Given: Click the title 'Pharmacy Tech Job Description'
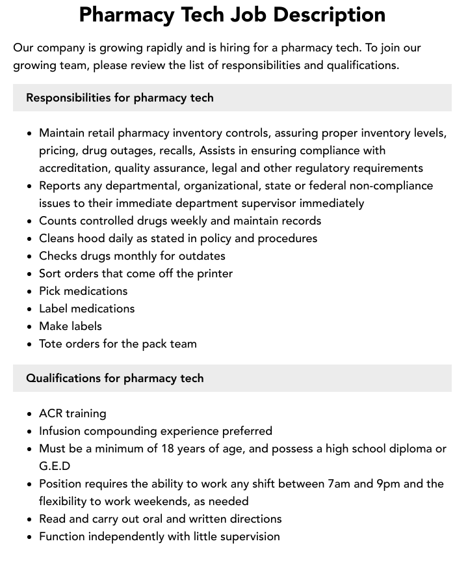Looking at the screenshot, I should pyautogui.click(x=232, y=14).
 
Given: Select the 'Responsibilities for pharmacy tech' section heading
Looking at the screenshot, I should pyautogui.click(x=120, y=98).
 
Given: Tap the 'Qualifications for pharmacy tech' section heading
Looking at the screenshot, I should pyautogui.click(x=114, y=378).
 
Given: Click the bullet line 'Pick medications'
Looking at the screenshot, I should pyautogui.click(x=83, y=291).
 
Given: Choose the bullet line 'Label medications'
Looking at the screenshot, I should pyautogui.click(x=86, y=309).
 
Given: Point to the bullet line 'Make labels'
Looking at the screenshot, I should pyautogui.click(x=70, y=326).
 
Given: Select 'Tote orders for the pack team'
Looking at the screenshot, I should pyautogui.click(x=118, y=344).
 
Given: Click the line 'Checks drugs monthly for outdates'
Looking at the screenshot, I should pyautogui.click(x=132, y=256).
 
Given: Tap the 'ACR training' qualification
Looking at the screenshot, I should pyautogui.click(x=72, y=413).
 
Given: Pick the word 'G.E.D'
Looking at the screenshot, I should pyautogui.click(x=55, y=466).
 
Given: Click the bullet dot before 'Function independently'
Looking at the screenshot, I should pyautogui.click(x=30, y=537).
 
